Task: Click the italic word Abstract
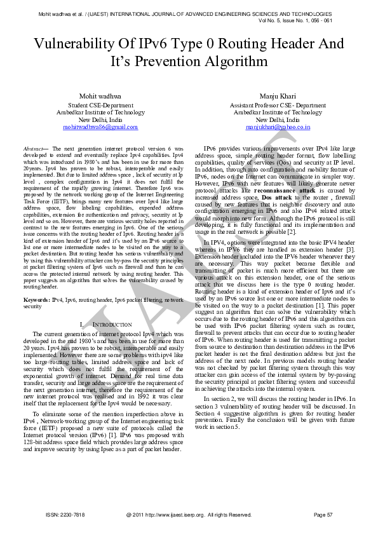coord(32,147)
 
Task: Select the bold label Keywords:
coord(37,298)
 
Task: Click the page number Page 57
coord(323,515)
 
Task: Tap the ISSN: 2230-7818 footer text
coord(65,515)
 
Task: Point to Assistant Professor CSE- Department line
coord(278,105)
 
